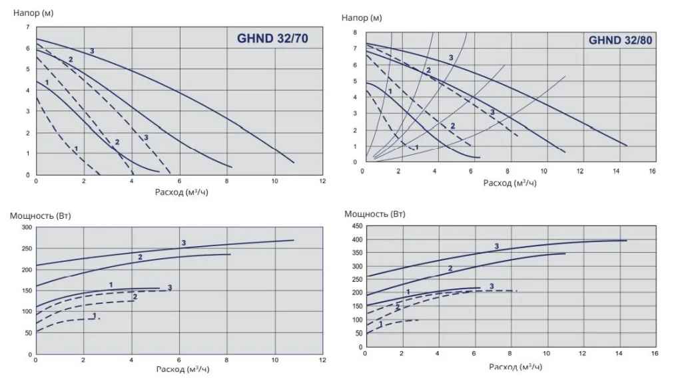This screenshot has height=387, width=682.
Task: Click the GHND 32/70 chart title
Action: point(272,39)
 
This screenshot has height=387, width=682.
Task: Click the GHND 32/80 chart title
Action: point(620,40)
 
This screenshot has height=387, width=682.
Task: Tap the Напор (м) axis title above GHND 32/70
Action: point(33,13)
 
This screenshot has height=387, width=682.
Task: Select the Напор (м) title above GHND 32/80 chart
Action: point(362,18)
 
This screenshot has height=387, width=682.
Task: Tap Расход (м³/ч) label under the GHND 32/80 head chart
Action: point(510,183)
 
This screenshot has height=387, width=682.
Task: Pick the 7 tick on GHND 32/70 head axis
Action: point(27,27)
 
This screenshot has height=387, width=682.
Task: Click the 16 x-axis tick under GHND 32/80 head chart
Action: point(652,172)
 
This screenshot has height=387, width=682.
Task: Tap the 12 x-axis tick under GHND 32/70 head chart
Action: point(322,182)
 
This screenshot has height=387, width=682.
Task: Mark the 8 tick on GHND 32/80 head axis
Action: point(356,32)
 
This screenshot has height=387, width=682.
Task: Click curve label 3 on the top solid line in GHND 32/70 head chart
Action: point(92,51)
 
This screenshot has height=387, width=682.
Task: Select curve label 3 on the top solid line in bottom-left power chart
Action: point(183,243)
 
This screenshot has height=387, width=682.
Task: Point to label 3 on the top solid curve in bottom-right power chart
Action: point(497,247)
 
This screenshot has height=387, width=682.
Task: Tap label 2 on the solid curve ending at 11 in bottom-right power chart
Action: point(450,269)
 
